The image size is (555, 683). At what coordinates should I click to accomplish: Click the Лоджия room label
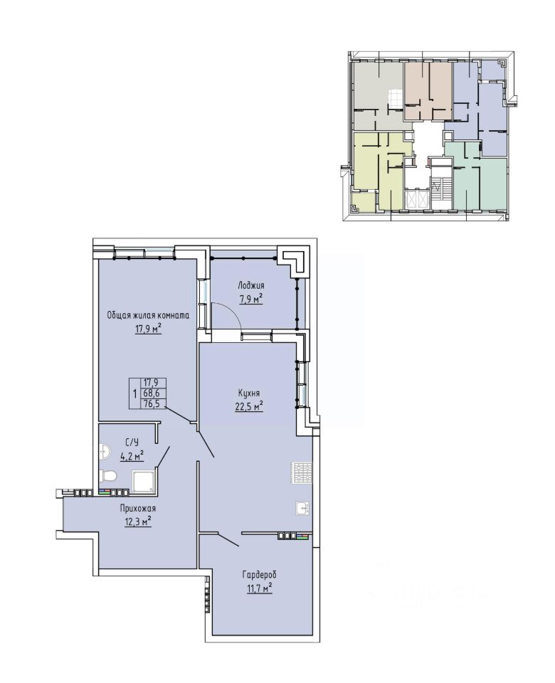(251, 286)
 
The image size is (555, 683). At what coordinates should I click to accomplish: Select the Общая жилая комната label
(149, 315)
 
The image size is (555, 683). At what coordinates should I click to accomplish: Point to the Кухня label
(249, 393)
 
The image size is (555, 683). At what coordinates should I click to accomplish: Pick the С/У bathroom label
(132, 443)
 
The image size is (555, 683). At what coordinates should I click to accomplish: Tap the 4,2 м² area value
(132, 455)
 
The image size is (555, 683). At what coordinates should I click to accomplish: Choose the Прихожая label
(137, 508)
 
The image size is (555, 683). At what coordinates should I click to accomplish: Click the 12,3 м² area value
(137, 521)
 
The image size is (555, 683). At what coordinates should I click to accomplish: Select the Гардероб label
(259, 575)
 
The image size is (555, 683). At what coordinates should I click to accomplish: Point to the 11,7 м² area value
(259, 589)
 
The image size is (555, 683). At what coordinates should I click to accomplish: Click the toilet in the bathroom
(107, 476)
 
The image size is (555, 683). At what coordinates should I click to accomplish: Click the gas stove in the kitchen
(302, 472)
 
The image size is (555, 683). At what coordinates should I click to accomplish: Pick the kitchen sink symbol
(303, 508)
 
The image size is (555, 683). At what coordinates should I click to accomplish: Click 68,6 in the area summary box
(152, 393)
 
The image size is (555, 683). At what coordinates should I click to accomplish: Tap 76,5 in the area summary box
(152, 404)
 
